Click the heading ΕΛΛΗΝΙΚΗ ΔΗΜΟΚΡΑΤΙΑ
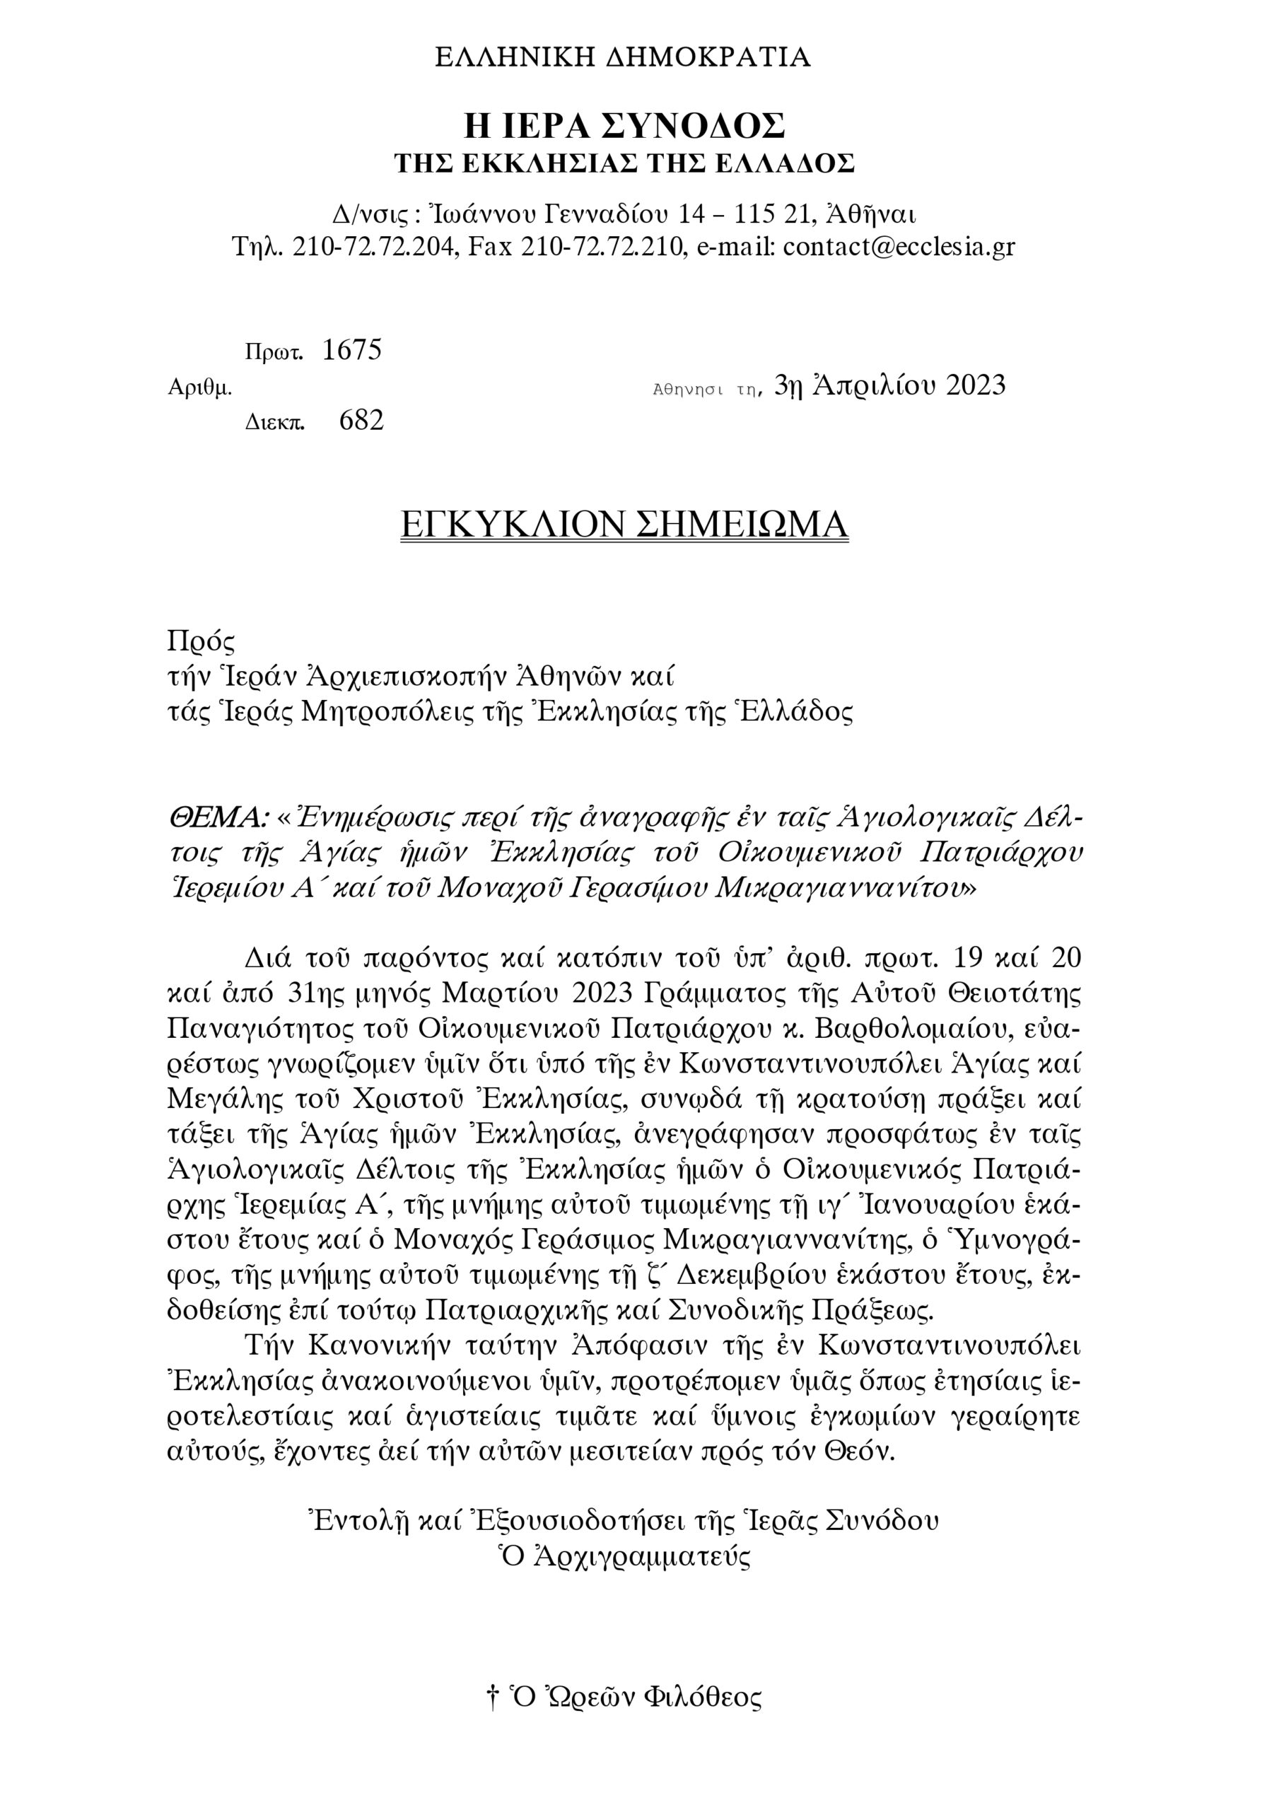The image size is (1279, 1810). [x=623, y=57]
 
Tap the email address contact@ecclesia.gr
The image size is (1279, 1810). [x=899, y=247]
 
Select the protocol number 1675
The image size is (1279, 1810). [x=351, y=350]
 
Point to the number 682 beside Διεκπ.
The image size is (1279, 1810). [x=361, y=420]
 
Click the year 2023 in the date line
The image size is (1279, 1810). [x=976, y=385]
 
